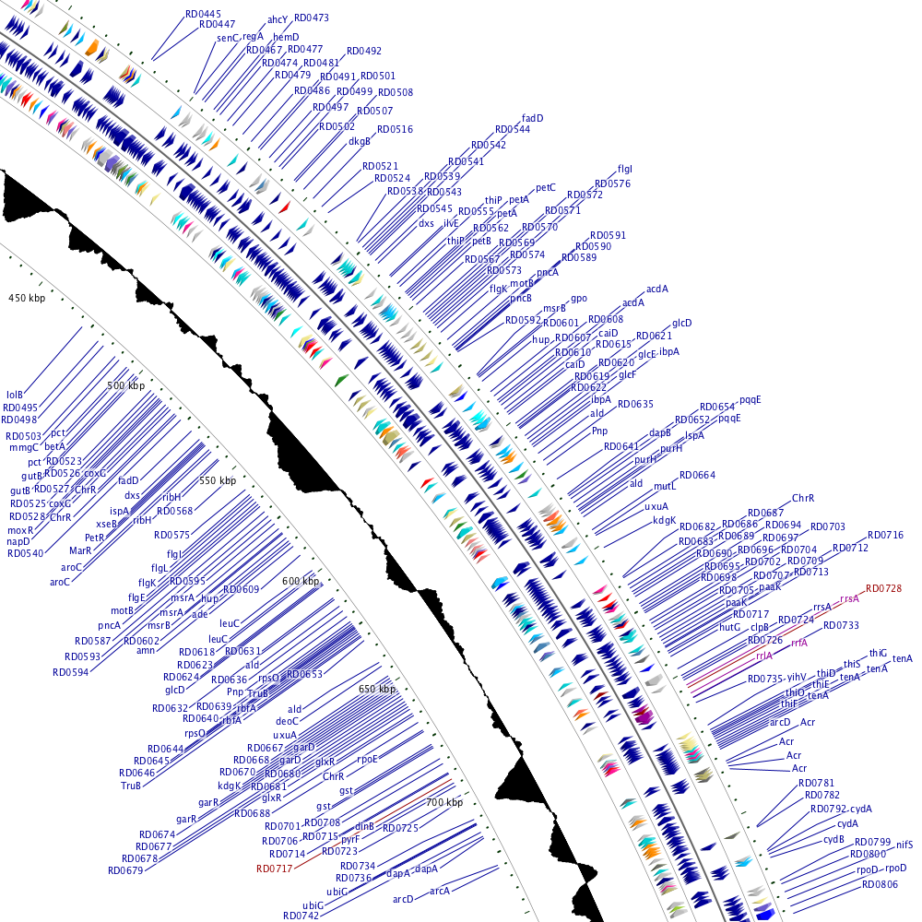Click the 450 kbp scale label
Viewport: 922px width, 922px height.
coord(26,298)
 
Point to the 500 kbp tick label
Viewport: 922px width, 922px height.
coord(126,385)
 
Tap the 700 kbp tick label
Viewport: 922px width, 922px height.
coord(443,803)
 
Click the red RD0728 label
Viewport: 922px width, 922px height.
coord(882,588)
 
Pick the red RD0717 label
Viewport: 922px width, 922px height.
coord(274,869)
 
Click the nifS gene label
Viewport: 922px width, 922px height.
coord(904,844)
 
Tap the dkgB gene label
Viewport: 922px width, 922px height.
coord(359,141)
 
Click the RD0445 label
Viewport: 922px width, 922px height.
coord(203,14)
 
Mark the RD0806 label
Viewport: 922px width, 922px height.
coord(880,884)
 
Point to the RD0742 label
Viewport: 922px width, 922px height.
coord(301,916)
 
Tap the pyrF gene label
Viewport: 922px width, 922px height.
coord(350,840)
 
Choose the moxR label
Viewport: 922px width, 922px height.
coord(20,530)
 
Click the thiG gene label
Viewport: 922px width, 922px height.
coord(878,653)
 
